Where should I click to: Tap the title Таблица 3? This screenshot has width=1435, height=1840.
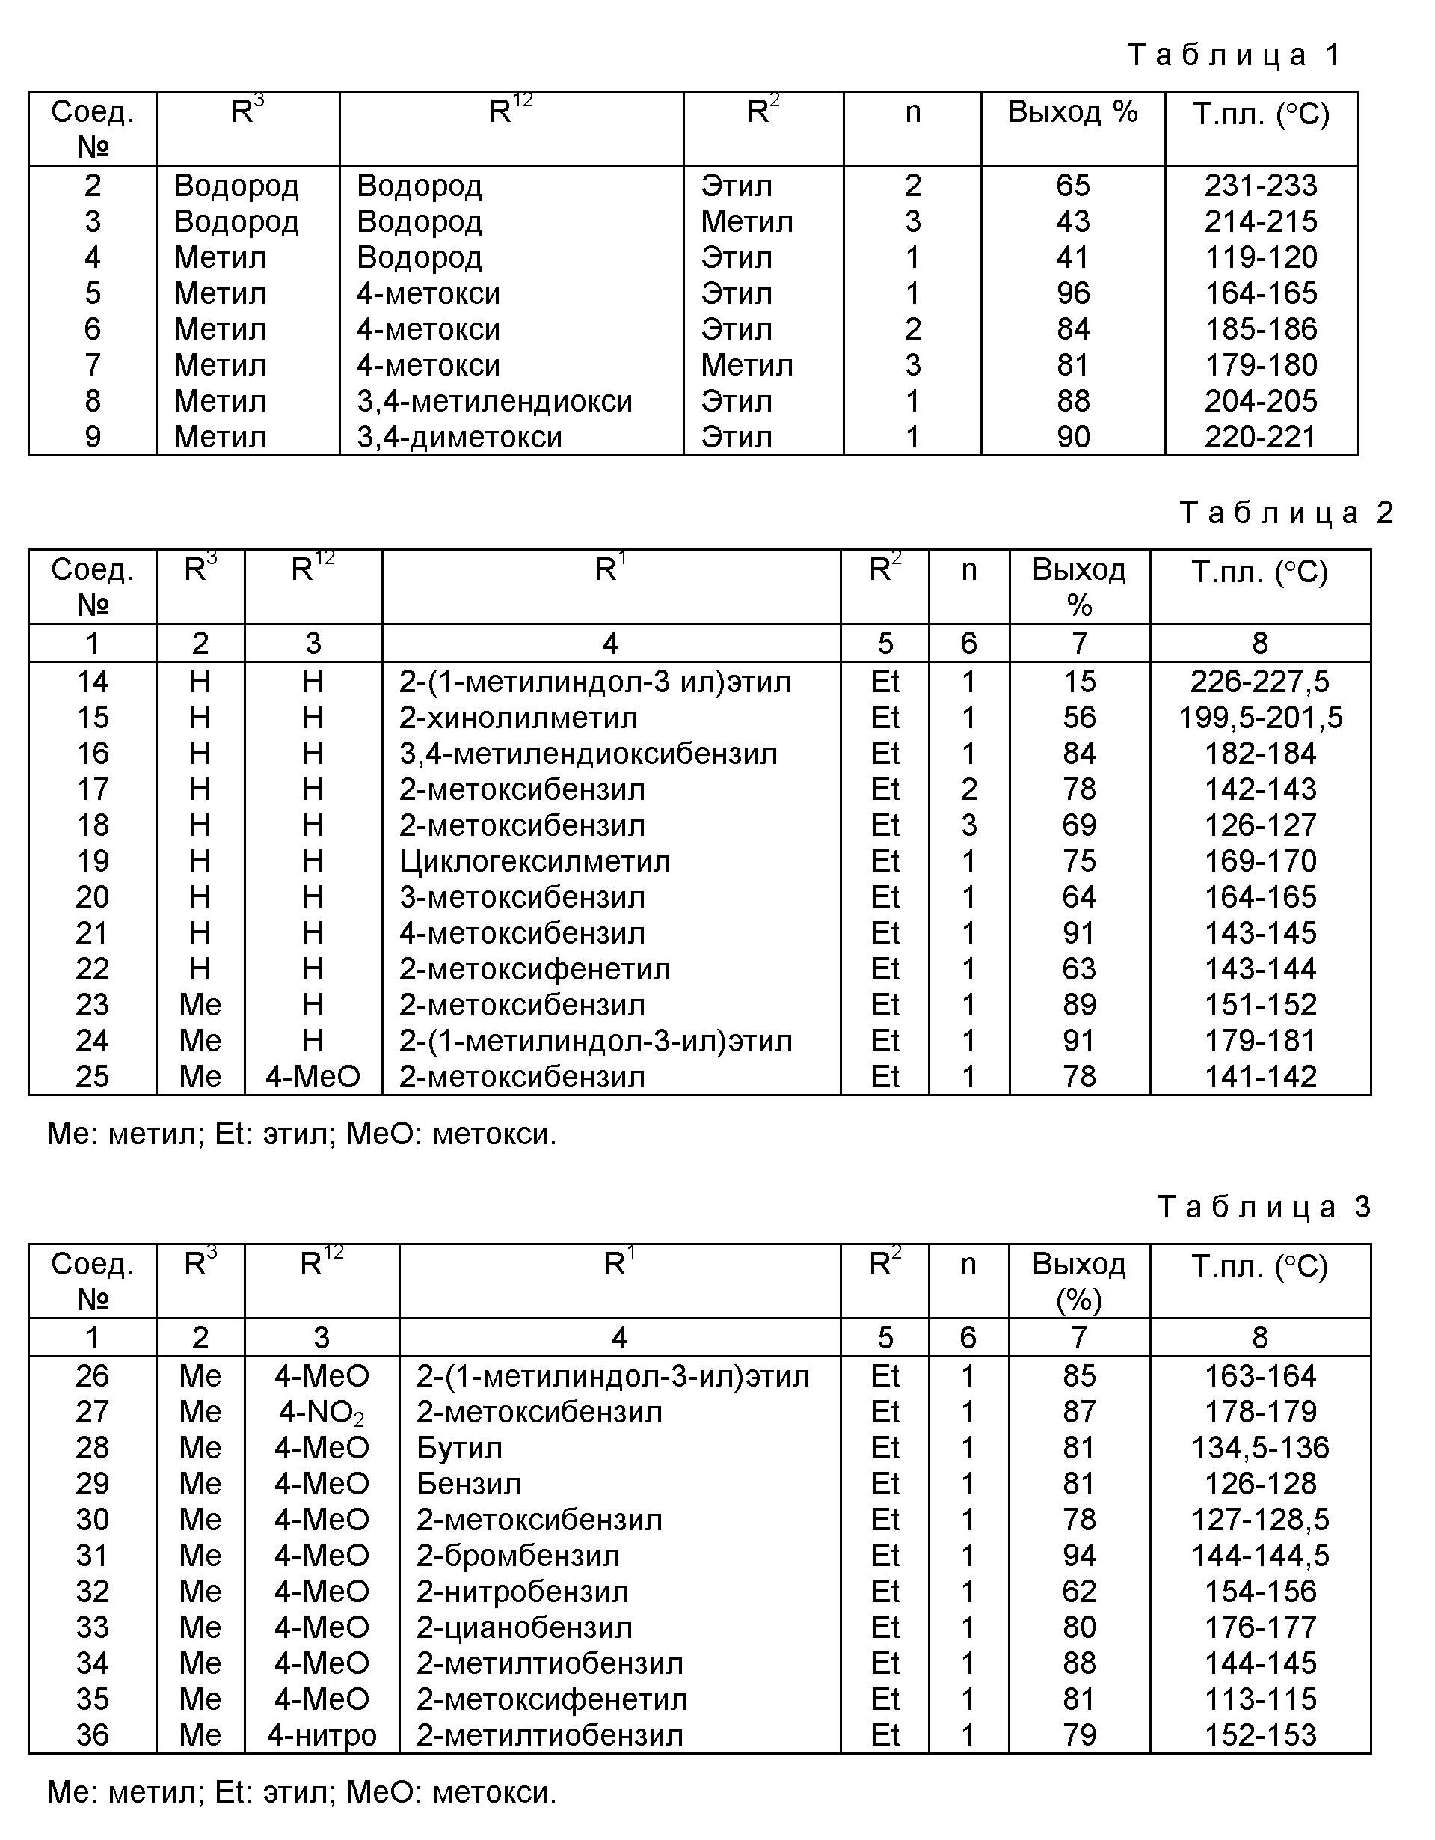tap(1264, 1207)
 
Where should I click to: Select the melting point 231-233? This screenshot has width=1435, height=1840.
tap(1261, 186)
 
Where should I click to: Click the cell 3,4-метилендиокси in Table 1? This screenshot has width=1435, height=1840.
tap(494, 401)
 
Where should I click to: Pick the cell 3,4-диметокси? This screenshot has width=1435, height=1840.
tap(459, 437)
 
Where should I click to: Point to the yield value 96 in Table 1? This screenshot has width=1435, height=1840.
tap(1073, 293)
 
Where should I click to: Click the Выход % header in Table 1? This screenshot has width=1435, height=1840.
tap(1072, 112)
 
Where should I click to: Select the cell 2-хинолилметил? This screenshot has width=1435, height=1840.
tap(518, 718)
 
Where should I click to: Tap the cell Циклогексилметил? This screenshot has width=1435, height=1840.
tap(535, 861)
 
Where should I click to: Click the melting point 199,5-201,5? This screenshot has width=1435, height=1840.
tap(1260, 718)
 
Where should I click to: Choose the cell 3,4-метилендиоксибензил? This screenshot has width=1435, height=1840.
tap(588, 754)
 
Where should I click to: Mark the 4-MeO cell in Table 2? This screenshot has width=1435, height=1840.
tap(313, 1077)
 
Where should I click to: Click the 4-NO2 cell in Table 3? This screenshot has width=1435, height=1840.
tap(322, 1413)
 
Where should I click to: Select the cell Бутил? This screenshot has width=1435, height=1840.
tap(459, 1448)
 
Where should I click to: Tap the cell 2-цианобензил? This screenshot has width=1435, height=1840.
tap(523, 1627)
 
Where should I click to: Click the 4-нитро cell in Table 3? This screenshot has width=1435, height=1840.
tap(322, 1735)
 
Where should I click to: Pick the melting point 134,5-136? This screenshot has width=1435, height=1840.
tap(1260, 1448)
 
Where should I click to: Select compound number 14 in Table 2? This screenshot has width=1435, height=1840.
tap(93, 682)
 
